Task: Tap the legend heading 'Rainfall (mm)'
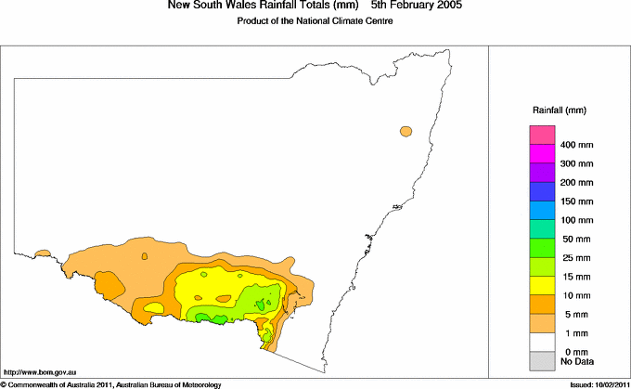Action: click(559, 110)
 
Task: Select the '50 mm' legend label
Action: click(575, 239)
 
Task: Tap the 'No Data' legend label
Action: click(575, 360)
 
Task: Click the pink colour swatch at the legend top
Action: click(542, 136)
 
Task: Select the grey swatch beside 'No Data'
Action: click(542, 360)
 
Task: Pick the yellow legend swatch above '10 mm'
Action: click(542, 284)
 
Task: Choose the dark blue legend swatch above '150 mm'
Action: click(542, 191)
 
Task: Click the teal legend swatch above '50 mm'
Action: click(542, 228)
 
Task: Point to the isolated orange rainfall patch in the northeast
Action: click(406, 131)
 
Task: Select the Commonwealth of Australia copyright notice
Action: click(110, 383)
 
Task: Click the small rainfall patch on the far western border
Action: click(42, 253)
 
